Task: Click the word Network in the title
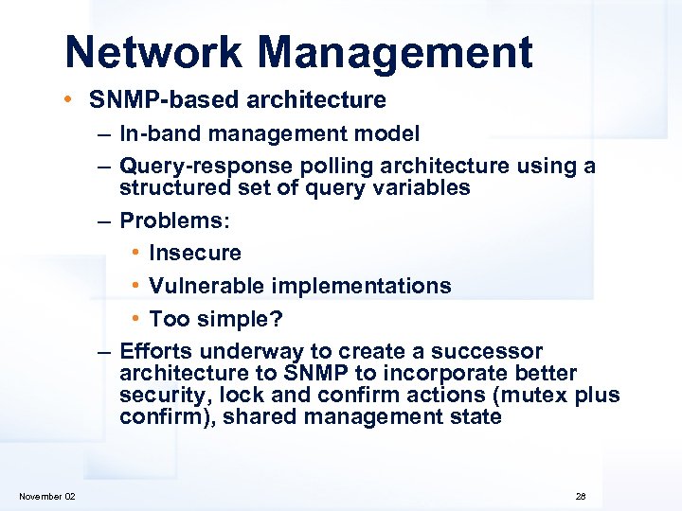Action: point(152,53)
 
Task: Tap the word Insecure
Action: point(195,254)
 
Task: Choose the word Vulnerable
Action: point(204,286)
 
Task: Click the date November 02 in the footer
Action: point(47,497)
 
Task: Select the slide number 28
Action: point(581,497)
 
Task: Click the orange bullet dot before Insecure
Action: point(137,254)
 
